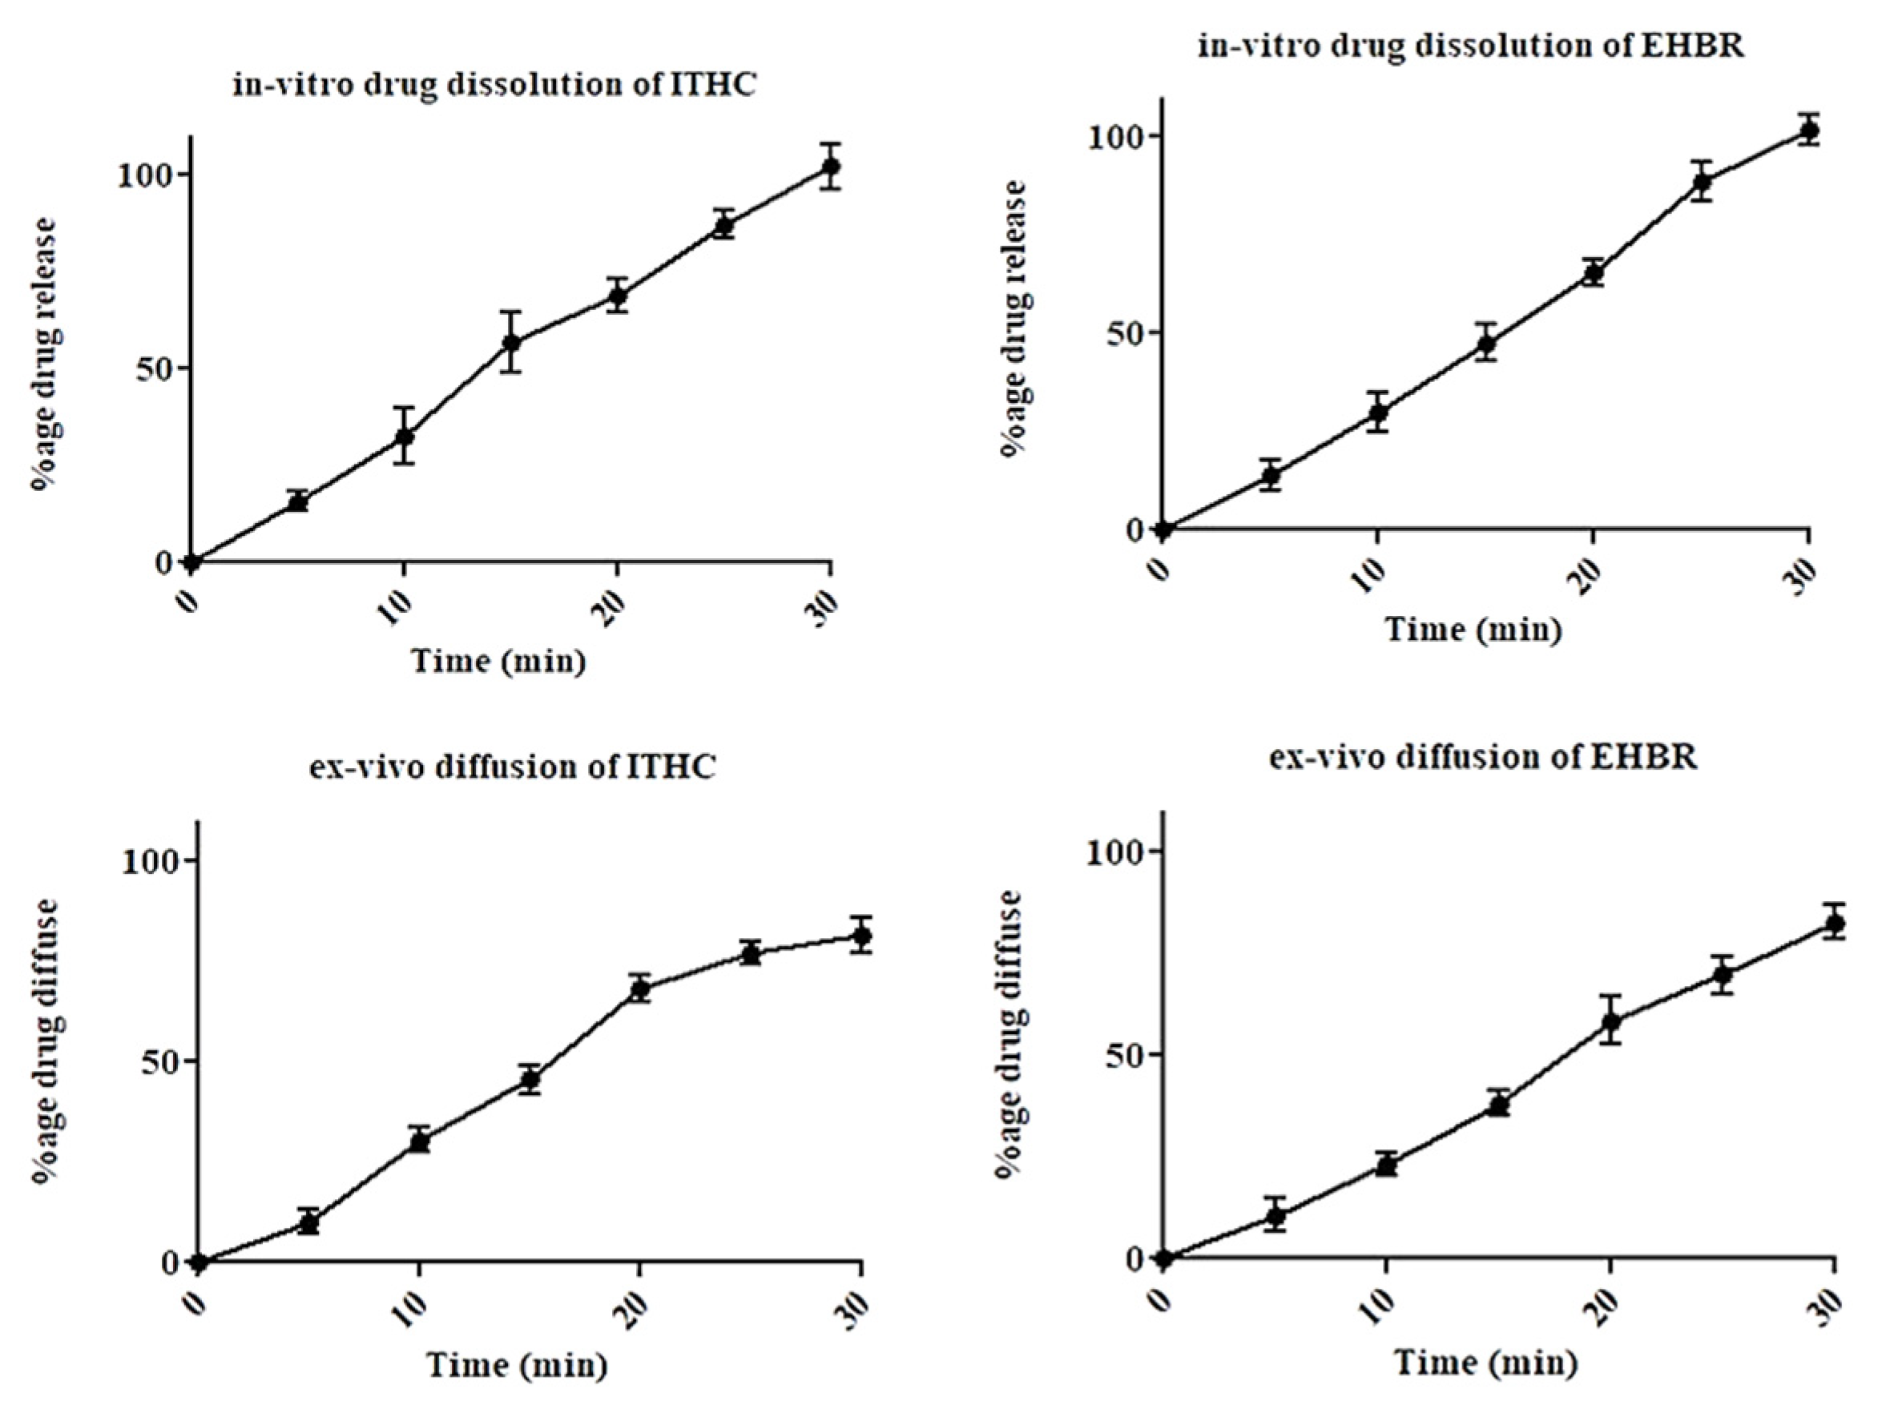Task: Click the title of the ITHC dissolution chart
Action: pos(494,85)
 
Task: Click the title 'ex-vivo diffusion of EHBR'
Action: pos(1483,756)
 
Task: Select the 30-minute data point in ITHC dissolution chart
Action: pos(830,166)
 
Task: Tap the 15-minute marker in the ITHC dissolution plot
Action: pos(511,342)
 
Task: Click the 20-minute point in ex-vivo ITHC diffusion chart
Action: pos(641,988)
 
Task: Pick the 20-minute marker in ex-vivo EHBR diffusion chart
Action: pos(1610,1021)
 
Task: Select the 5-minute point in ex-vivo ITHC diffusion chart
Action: pos(308,1222)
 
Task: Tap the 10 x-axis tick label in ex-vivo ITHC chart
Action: pos(413,1310)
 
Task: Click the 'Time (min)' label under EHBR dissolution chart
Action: pos(1473,630)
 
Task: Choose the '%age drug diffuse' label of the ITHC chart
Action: pos(46,1040)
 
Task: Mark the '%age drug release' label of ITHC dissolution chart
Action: pos(44,353)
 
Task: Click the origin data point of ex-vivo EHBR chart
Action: pos(1164,1258)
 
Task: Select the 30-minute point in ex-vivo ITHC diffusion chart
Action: pos(862,936)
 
